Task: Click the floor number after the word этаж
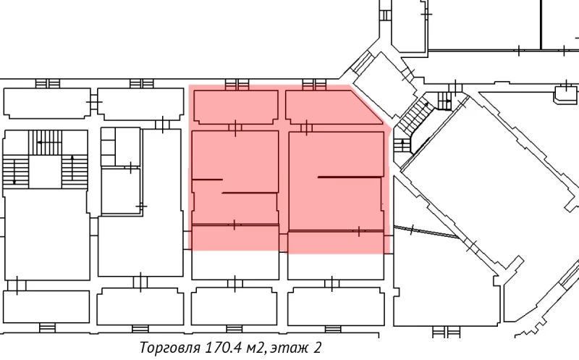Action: coord(317,348)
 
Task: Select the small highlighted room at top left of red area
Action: coord(235,106)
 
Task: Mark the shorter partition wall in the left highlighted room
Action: coord(207,178)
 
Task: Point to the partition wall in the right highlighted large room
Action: coord(350,177)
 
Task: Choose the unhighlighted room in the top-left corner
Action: coord(47,103)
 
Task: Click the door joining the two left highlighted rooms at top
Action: coord(234,128)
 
